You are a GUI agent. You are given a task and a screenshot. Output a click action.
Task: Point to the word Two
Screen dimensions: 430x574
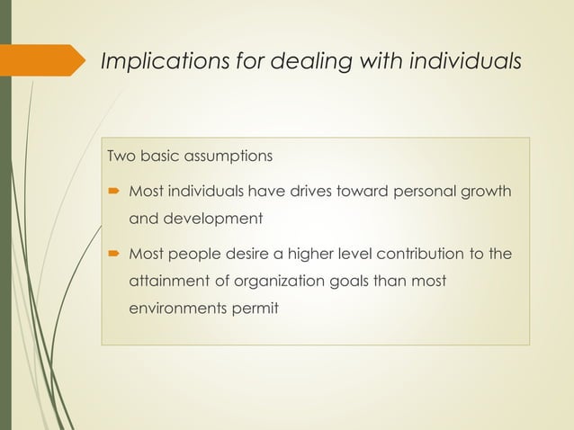point(121,157)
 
